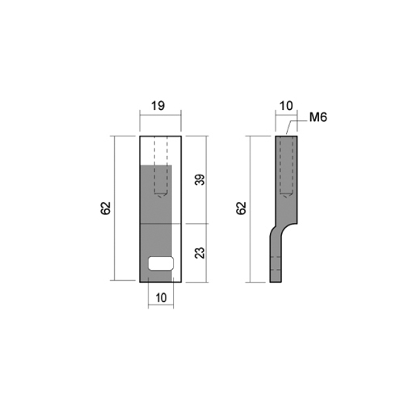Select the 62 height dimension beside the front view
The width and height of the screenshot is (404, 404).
[x=105, y=208]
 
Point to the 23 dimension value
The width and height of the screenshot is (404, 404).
[x=200, y=251]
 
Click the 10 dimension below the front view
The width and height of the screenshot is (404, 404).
[x=161, y=297]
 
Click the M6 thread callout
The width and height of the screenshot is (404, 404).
[x=318, y=120]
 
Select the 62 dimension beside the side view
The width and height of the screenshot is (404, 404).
[x=241, y=208]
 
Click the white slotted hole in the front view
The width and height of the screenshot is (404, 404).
[x=162, y=262]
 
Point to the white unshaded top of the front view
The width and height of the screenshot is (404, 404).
[x=161, y=150]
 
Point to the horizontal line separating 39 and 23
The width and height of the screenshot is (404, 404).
[x=194, y=222]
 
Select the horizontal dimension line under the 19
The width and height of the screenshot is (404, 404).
[x=161, y=115]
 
